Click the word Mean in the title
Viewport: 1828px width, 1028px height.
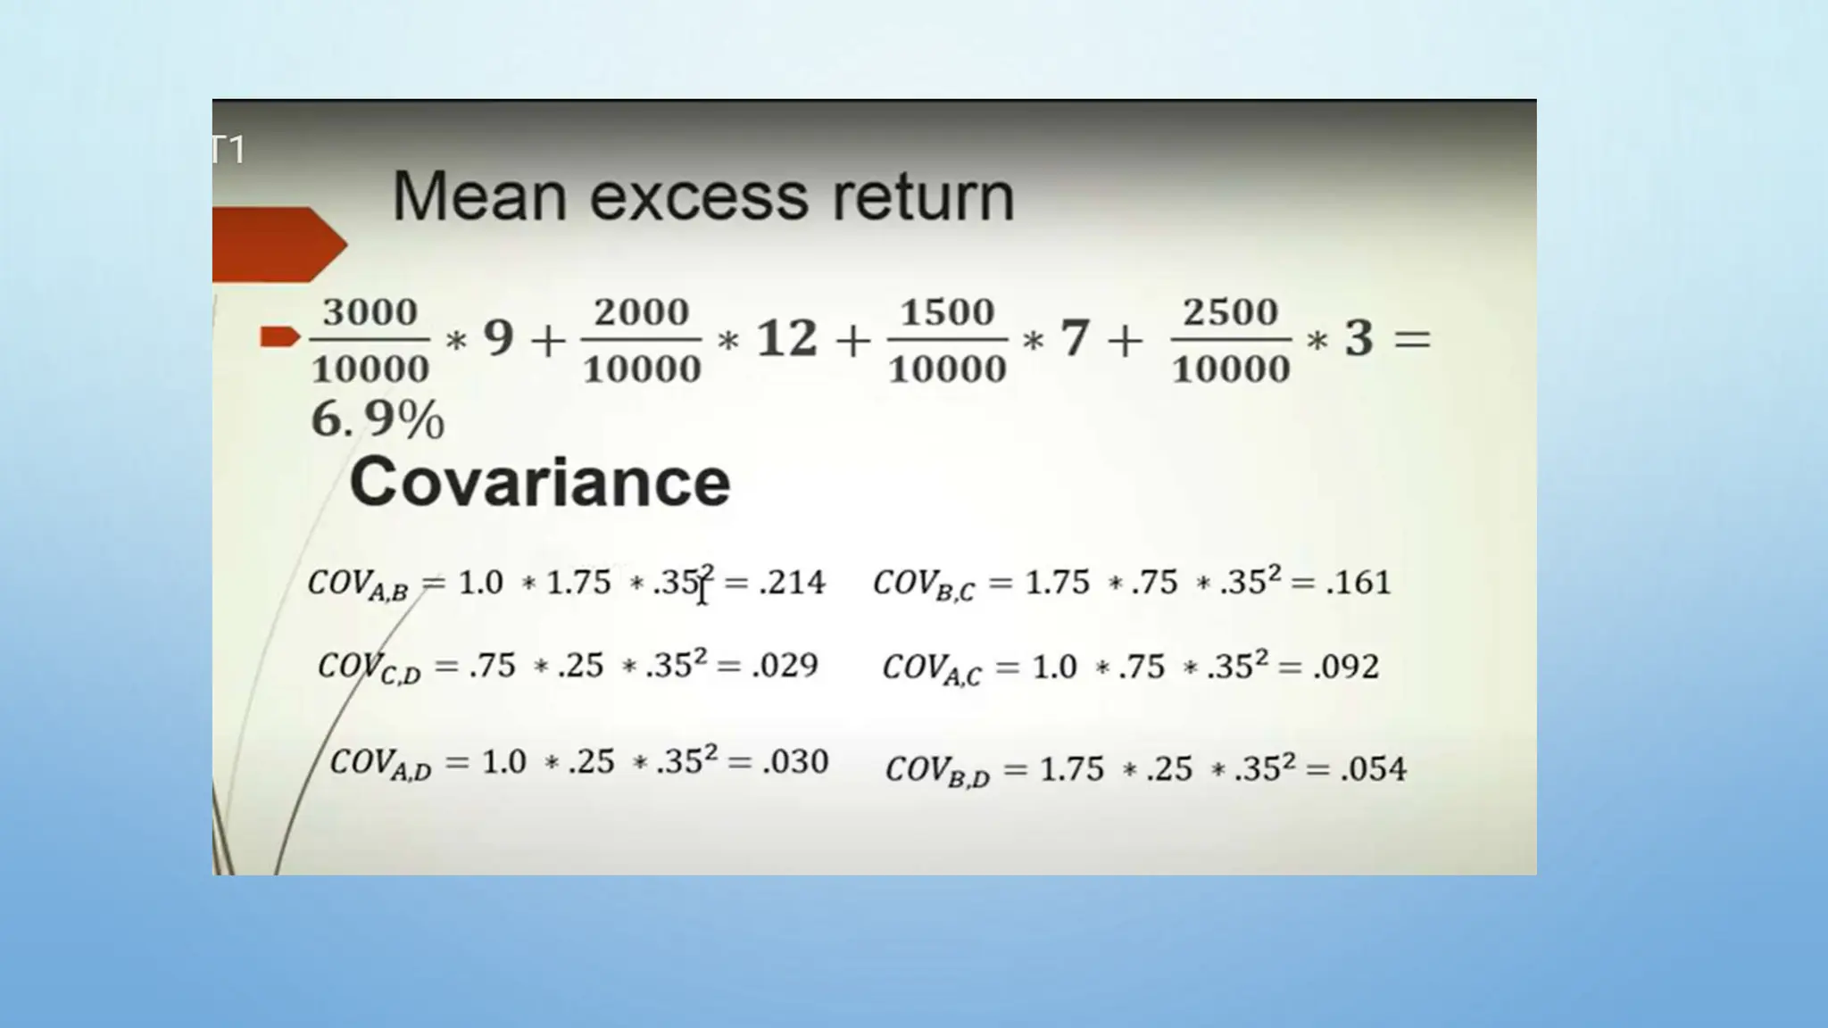tap(478, 196)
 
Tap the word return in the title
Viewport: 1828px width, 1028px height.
tap(923, 198)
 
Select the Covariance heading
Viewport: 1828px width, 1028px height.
tap(540, 482)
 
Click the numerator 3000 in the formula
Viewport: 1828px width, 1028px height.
tap(370, 312)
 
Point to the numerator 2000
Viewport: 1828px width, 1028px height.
tap(641, 312)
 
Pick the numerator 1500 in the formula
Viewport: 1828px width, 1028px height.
tap(946, 312)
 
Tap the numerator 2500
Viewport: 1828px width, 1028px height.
tap(1230, 312)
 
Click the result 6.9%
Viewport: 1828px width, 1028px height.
tap(377, 419)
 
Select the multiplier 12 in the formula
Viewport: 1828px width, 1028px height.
tap(786, 339)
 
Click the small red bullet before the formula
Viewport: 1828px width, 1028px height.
tap(278, 336)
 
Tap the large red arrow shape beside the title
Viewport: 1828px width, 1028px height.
tap(277, 245)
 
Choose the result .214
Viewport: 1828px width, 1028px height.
tap(792, 583)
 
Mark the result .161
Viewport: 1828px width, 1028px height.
tap(1358, 583)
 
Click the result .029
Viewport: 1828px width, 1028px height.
tap(785, 666)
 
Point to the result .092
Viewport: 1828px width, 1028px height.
tap(1346, 667)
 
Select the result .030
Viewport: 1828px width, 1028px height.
tap(795, 761)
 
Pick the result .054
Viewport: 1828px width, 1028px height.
tap(1373, 769)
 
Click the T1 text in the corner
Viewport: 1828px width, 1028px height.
tap(228, 150)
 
